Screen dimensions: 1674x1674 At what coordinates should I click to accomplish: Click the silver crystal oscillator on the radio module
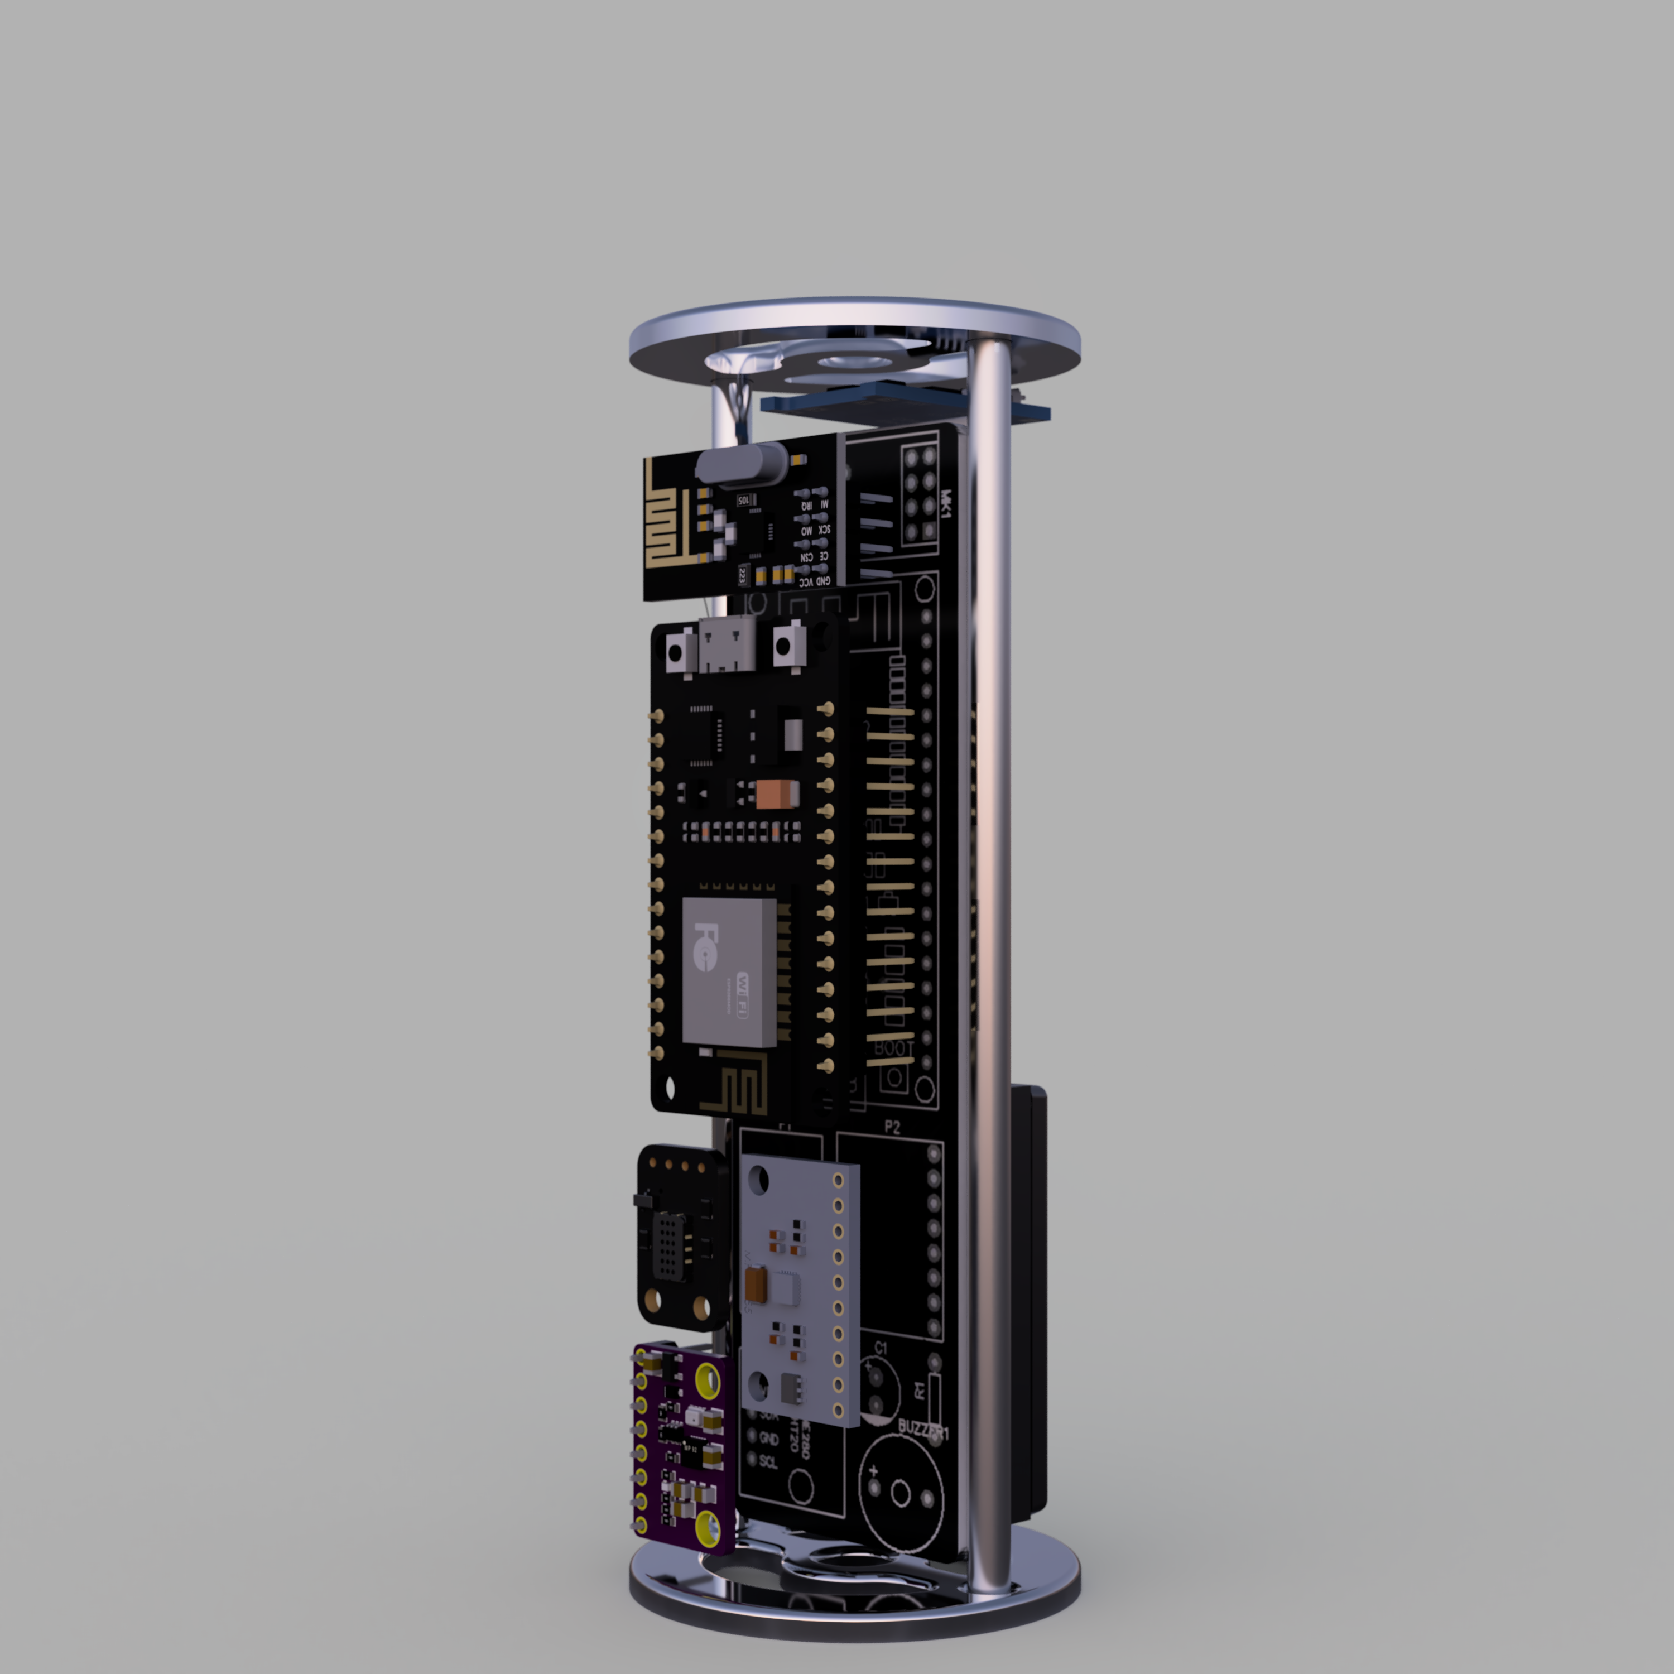[x=741, y=464]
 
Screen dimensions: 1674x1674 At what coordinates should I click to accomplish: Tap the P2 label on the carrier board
[x=892, y=1127]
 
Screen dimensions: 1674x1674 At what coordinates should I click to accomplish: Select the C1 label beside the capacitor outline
[x=881, y=1348]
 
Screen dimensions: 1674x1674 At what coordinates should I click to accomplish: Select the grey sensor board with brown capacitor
[x=797, y=1291]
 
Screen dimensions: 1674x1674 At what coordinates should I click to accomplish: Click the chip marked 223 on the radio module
[x=743, y=574]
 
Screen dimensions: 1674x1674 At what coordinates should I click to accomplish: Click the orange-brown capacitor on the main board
[x=777, y=793]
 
